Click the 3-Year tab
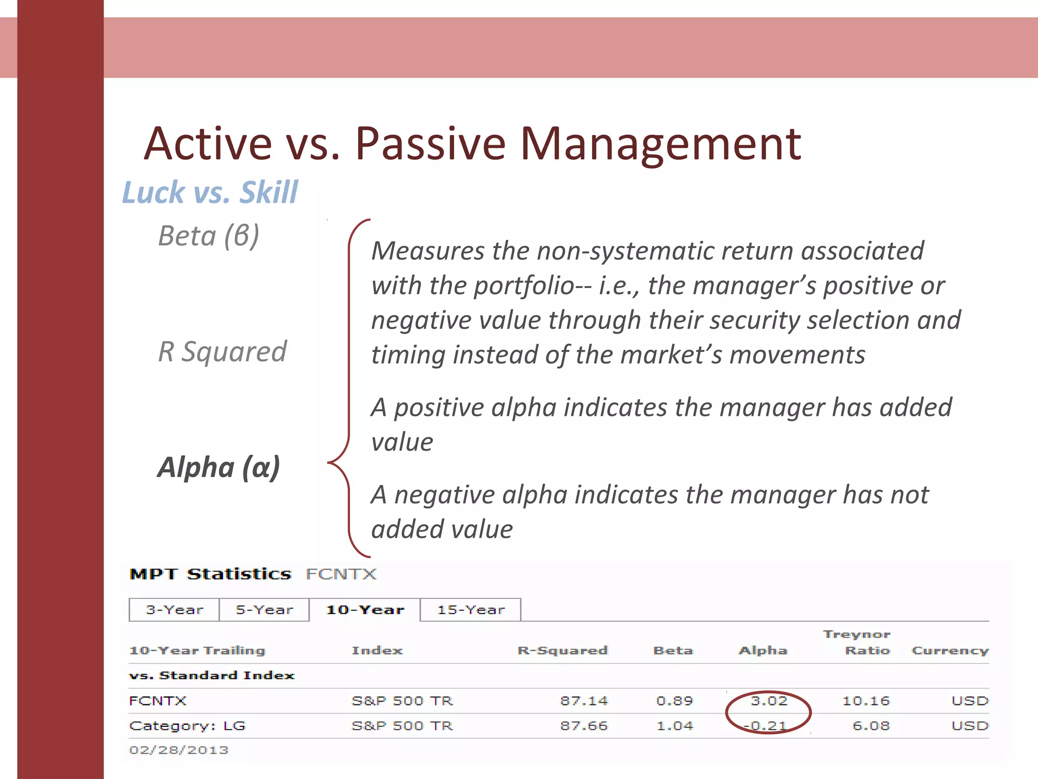[x=174, y=610]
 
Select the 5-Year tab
[x=264, y=610]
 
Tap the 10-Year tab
[x=365, y=610]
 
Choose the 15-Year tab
[x=471, y=610]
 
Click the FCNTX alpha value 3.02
[x=769, y=701]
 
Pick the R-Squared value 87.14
[x=583, y=701]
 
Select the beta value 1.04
[x=674, y=726]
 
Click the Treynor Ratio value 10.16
[x=866, y=701]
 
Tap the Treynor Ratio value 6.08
[x=871, y=726]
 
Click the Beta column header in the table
[x=673, y=651]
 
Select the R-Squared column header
[x=562, y=651]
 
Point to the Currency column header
[x=950, y=651]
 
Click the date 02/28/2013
[x=178, y=750]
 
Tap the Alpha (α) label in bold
[x=218, y=467]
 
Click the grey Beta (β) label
[x=208, y=236]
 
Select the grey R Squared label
[x=222, y=351]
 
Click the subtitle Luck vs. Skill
[x=210, y=192]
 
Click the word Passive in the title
[x=430, y=144]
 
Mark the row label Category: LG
[x=187, y=726]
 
